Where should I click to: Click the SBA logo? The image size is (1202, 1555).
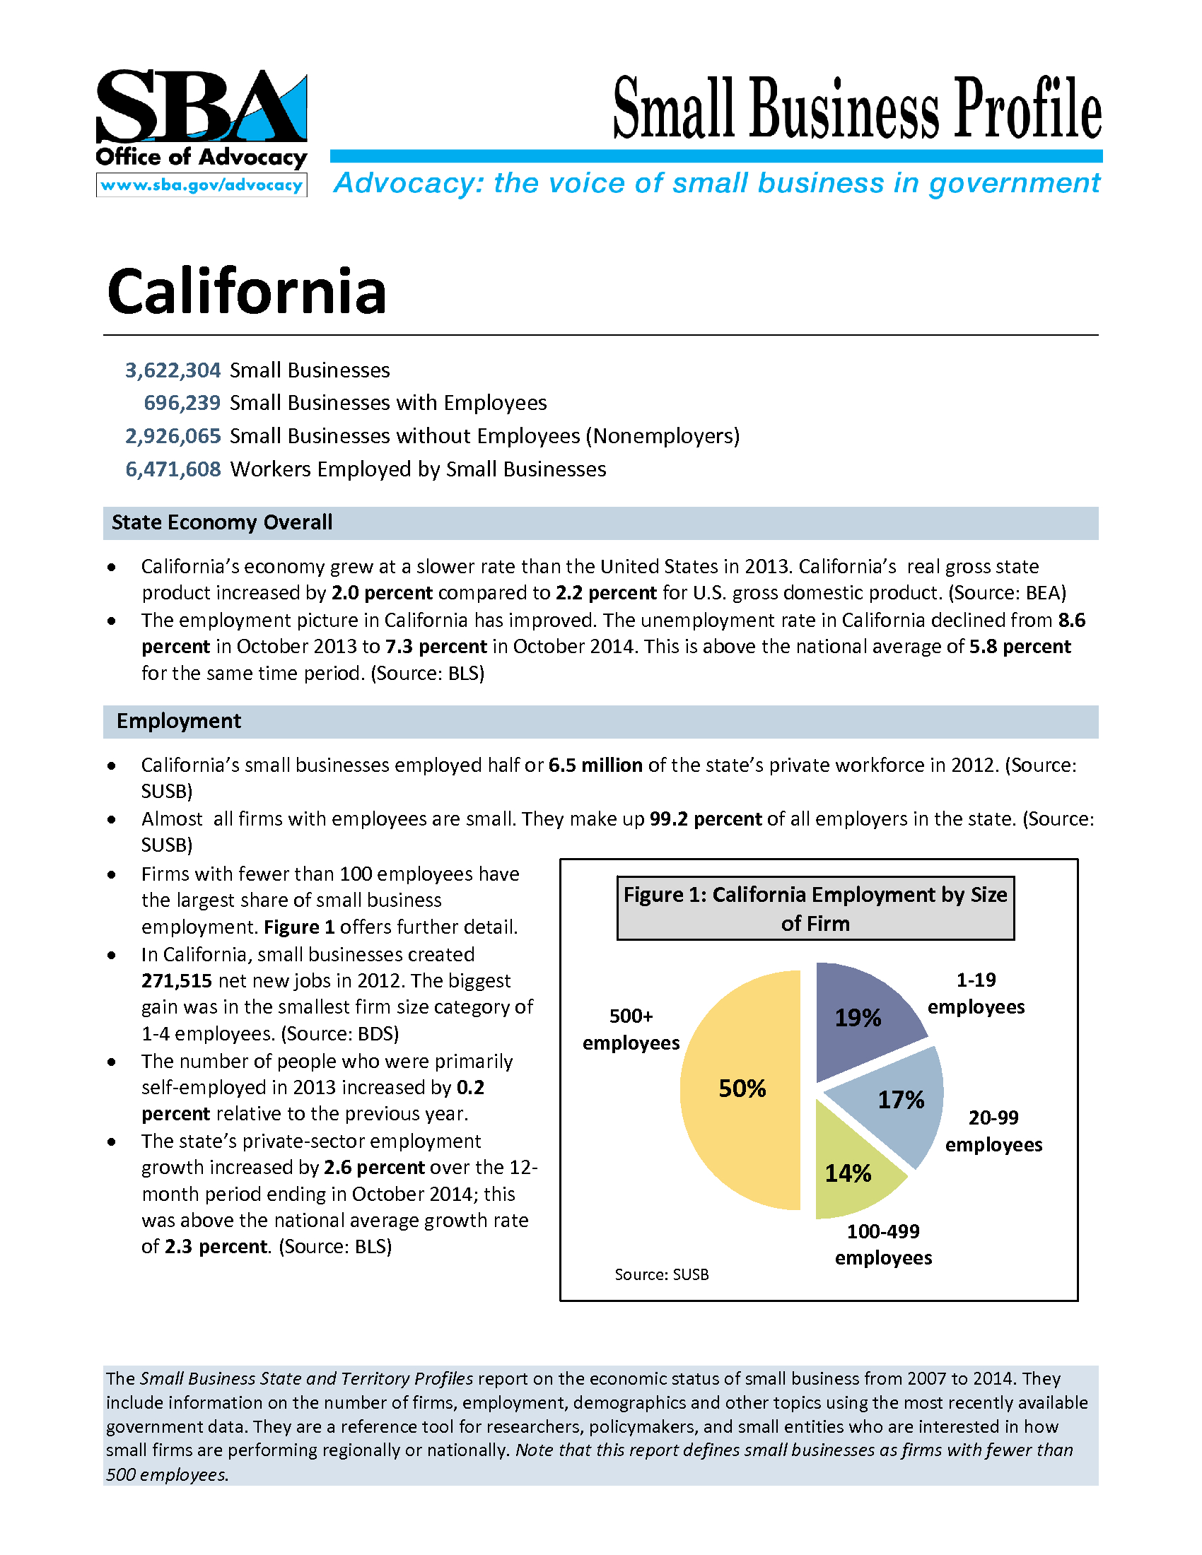click(202, 107)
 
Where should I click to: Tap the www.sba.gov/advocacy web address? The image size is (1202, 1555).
click(202, 185)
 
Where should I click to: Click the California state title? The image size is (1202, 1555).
click(246, 291)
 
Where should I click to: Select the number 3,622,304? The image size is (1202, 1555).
click(173, 370)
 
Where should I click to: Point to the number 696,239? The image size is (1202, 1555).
click(182, 403)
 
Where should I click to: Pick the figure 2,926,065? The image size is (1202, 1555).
click(173, 435)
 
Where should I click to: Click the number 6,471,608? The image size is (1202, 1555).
click(173, 469)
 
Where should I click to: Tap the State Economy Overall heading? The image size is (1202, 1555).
click(221, 522)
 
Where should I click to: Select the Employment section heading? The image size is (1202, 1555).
click(179, 721)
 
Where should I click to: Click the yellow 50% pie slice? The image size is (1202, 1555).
click(740, 1089)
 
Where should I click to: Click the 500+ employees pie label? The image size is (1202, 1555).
click(631, 1029)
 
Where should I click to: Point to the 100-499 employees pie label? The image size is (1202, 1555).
click(883, 1244)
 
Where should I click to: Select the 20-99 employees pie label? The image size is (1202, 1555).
click(993, 1131)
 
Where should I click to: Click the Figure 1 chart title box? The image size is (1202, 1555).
click(815, 908)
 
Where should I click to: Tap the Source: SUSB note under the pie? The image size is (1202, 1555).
click(662, 1274)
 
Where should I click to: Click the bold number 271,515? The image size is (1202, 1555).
click(177, 981)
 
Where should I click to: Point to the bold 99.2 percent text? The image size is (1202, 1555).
click(706, 818)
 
